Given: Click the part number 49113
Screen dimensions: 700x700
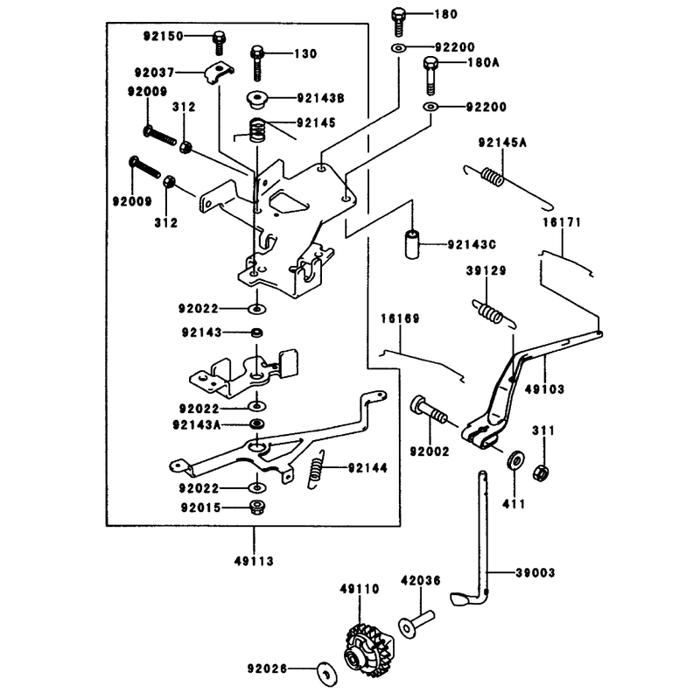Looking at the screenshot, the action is [x=254, y=561].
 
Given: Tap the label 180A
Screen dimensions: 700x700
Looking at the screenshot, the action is [x=484, y=62].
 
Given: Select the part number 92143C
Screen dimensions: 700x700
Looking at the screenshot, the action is [x=472, y=245].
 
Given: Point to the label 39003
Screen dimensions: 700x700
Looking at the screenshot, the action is [x=535, y=573].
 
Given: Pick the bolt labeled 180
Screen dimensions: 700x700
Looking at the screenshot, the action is [x=398, y=21].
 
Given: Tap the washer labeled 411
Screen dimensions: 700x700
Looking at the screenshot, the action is [x=515, y=460].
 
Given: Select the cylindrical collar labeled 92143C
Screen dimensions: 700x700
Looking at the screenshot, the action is [x=412, y=244].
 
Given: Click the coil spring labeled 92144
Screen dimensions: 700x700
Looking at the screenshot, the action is [x=316, y=469].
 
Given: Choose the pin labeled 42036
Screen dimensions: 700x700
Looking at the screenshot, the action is [x=416, y=624].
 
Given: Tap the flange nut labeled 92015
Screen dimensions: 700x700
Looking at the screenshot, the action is [x=257, y=507].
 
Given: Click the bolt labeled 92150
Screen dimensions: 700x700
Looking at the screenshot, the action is [x=219, y=43].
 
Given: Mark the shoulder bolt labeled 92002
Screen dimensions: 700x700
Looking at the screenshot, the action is [x=428, y=409].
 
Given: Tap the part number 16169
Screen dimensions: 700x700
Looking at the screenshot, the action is [x=400, y=318].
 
